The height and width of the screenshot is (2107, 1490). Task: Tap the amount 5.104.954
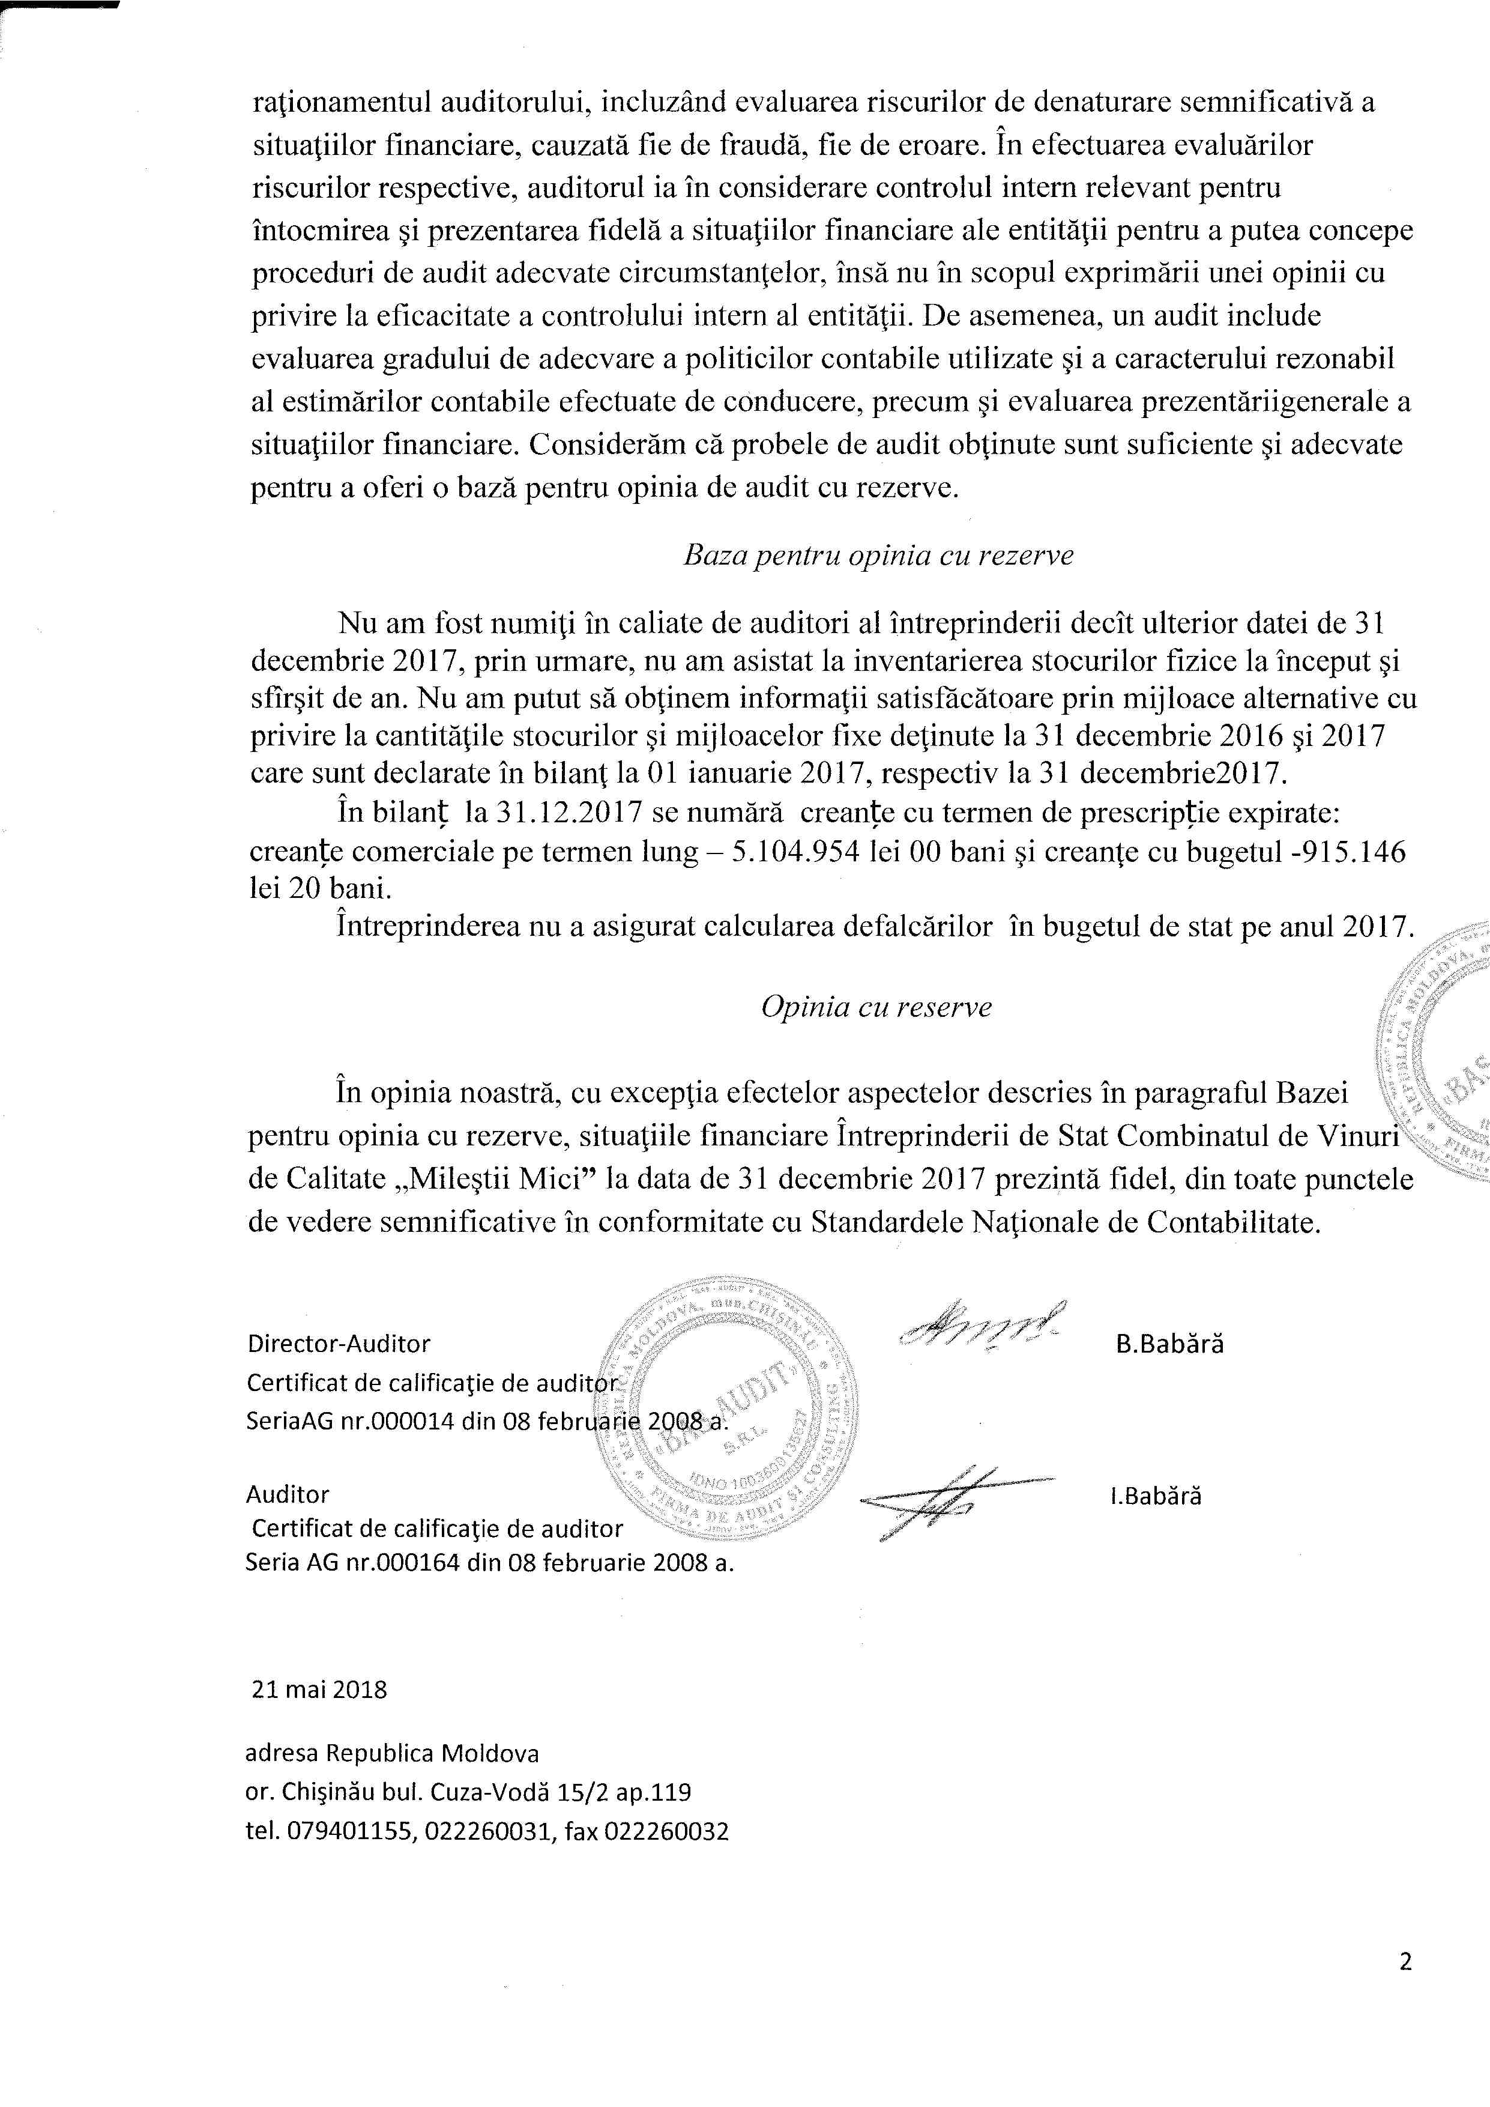point(797,852)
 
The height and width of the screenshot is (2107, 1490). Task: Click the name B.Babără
point(1170,1344)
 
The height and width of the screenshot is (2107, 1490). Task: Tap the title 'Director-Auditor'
point(339,1344)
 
